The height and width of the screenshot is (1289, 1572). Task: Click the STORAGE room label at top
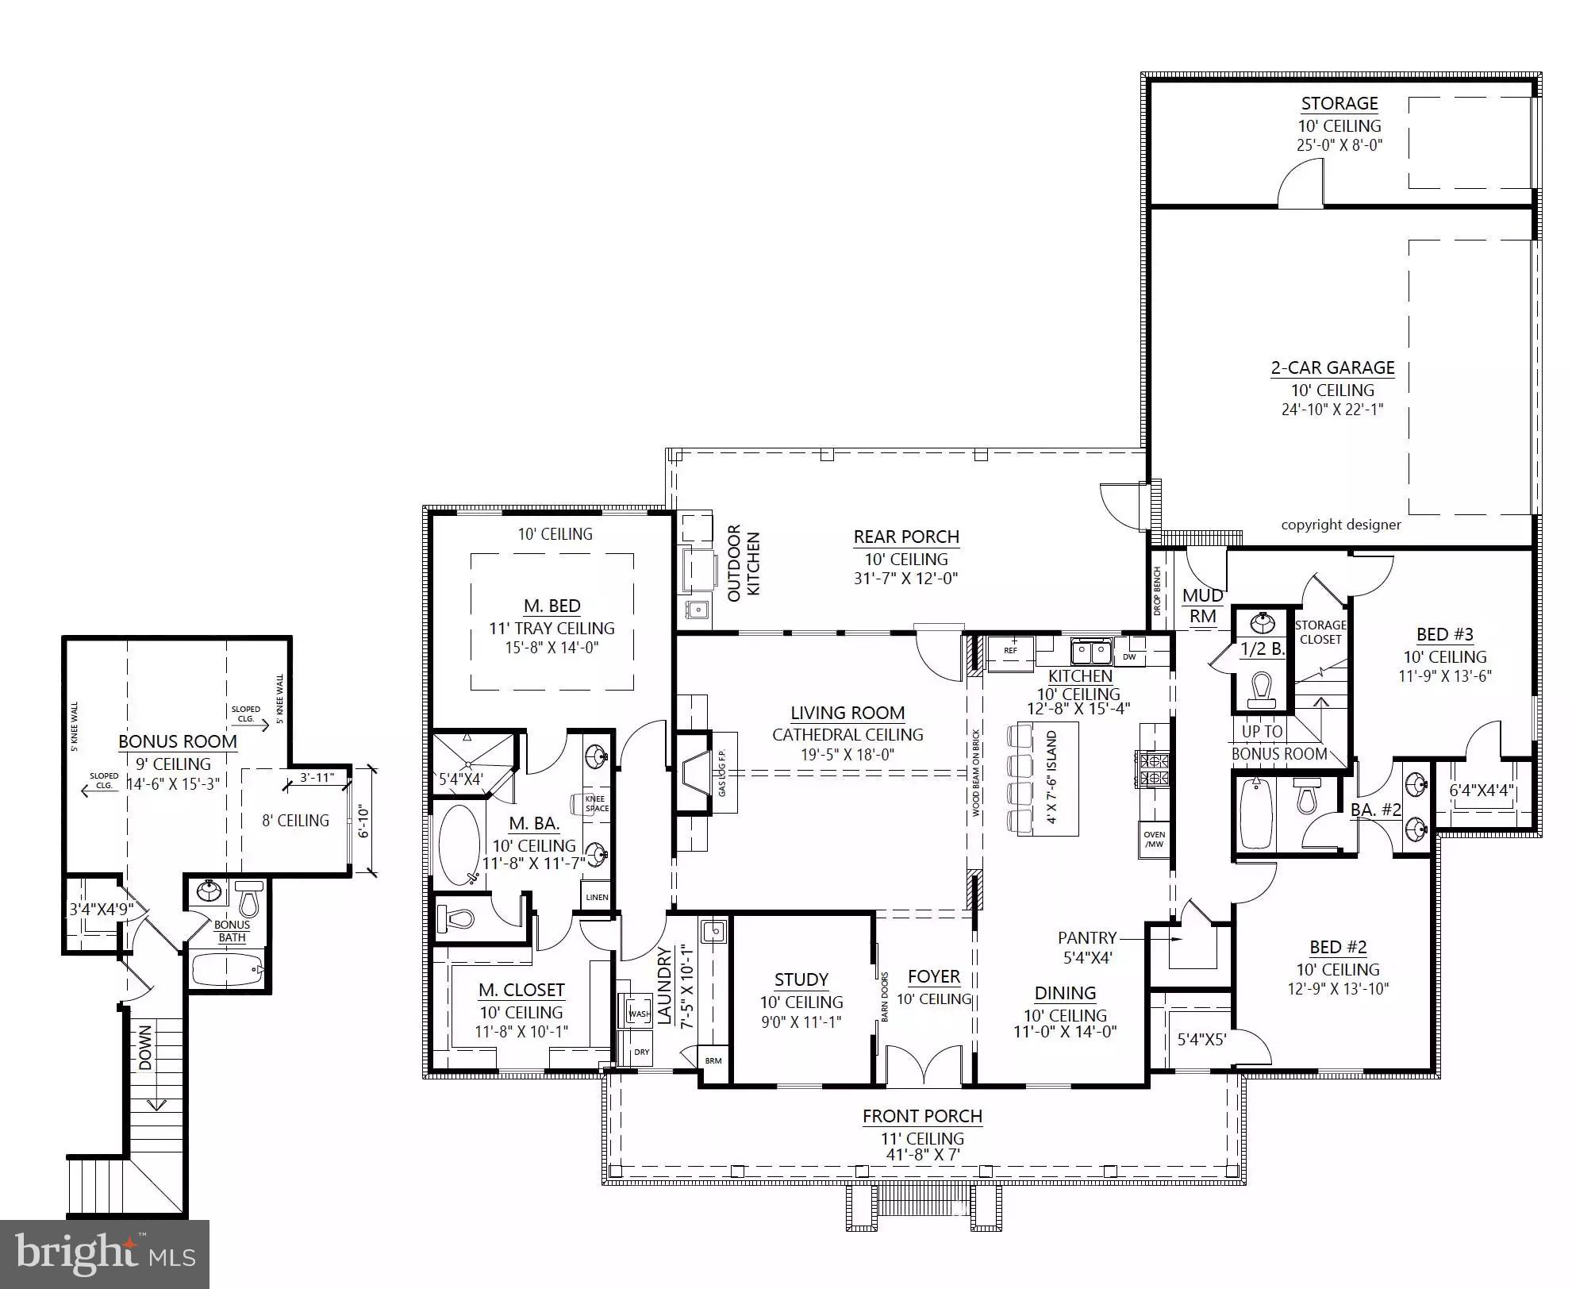pos(1339,104)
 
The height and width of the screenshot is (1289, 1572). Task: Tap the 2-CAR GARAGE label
pos(1332,367)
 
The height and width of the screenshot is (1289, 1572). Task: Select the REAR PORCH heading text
pos(906,537)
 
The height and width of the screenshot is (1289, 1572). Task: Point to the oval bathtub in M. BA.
pos(459,845)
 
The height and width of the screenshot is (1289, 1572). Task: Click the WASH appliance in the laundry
pos(639,1014)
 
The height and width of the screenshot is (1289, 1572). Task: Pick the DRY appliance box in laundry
pos(641,1052)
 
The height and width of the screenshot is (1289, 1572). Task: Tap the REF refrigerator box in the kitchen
pos(1010,651)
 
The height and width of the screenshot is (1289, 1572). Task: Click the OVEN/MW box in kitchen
pos(1155,839)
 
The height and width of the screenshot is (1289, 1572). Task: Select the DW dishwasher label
pos(1129,657)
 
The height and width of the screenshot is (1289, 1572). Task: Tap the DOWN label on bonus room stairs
pos(145,1048)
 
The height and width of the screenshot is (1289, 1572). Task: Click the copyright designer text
pos(1340,525)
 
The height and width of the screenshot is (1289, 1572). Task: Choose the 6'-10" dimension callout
pos(364,821)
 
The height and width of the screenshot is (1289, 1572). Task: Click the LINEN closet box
pos(597,897)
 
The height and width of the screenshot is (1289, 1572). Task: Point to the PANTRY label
pos(1086,938)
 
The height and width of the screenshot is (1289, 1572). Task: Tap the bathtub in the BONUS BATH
pos(226,970)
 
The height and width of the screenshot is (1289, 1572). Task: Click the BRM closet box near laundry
pos(713,1060)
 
